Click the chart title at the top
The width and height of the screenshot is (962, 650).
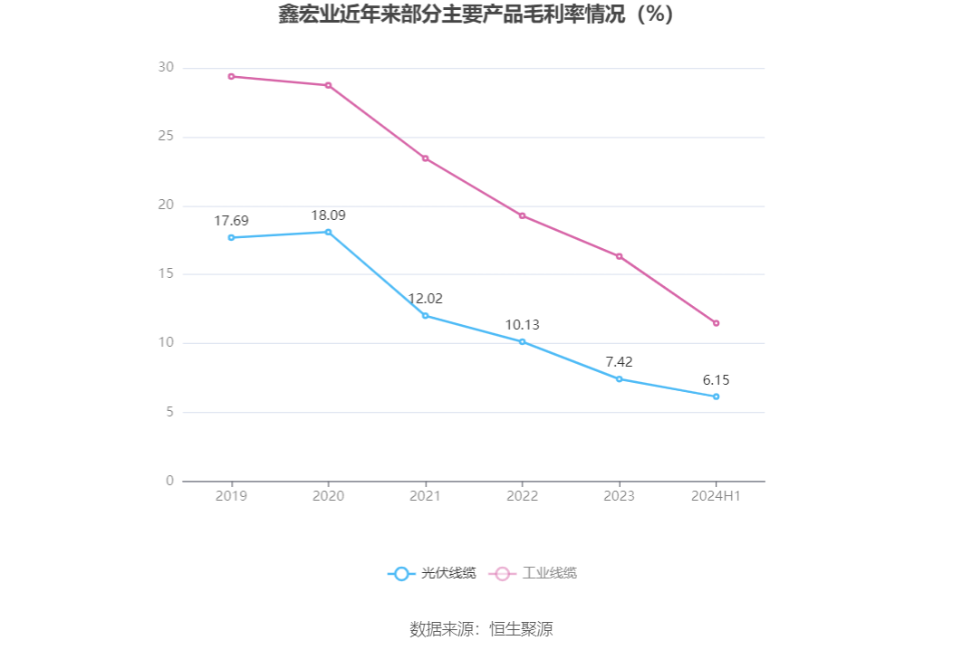click(x=476, y=15)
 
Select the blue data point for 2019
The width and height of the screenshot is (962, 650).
click(x=231, y=237)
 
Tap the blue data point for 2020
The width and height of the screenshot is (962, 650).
click(x=328, y=232)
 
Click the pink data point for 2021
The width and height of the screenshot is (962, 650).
click(x=425, y=158)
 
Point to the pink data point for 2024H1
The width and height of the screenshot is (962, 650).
click(x=716, y=323)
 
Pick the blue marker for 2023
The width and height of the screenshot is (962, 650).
click(x=619, y=378)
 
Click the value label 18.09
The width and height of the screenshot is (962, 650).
click(x=328, y=215)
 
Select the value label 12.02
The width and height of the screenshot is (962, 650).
click(x=425, y=299)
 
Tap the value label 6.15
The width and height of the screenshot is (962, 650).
click(x=716, y=380)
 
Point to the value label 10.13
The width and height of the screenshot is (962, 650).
click(x=522, y=325)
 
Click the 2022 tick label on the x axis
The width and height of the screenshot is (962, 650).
click(x=522, y=496)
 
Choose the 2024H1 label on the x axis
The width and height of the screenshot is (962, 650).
click(x=716, y=496)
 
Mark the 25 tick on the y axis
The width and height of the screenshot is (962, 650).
click(x=165, y=137)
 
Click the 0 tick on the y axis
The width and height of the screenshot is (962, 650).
click(x=169, y=481)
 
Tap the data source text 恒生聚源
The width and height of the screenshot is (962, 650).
click(x=521, y=629)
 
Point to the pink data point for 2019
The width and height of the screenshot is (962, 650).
click(x=231, y=76)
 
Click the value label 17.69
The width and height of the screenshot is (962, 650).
click(x=231, y=221)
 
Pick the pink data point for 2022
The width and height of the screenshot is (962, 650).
click(x=522, y=215)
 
